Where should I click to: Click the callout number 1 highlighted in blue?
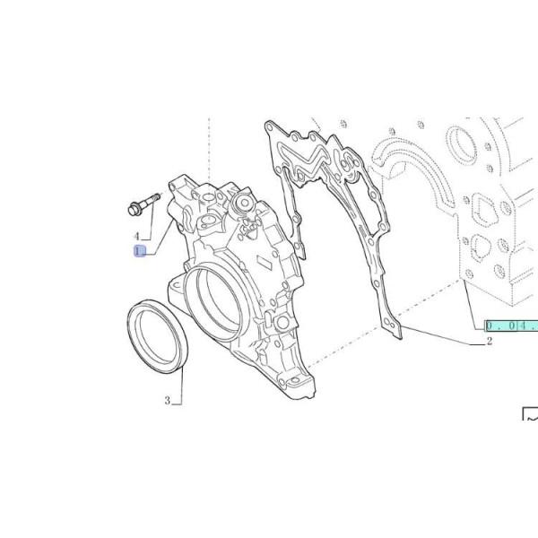click(139, 252)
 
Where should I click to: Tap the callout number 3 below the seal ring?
click(168, 401)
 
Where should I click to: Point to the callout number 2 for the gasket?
click(490, 342)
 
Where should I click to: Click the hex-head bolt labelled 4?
click(141, 203)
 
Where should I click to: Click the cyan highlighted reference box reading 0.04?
click(511, 325)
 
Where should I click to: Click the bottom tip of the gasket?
click(395, 335)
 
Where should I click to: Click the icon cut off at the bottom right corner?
click(530, 415)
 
